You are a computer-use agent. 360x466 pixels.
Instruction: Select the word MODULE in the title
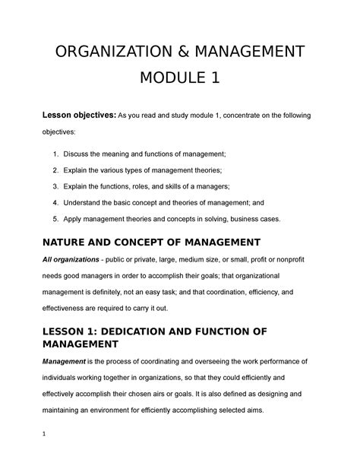coord(168,78)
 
